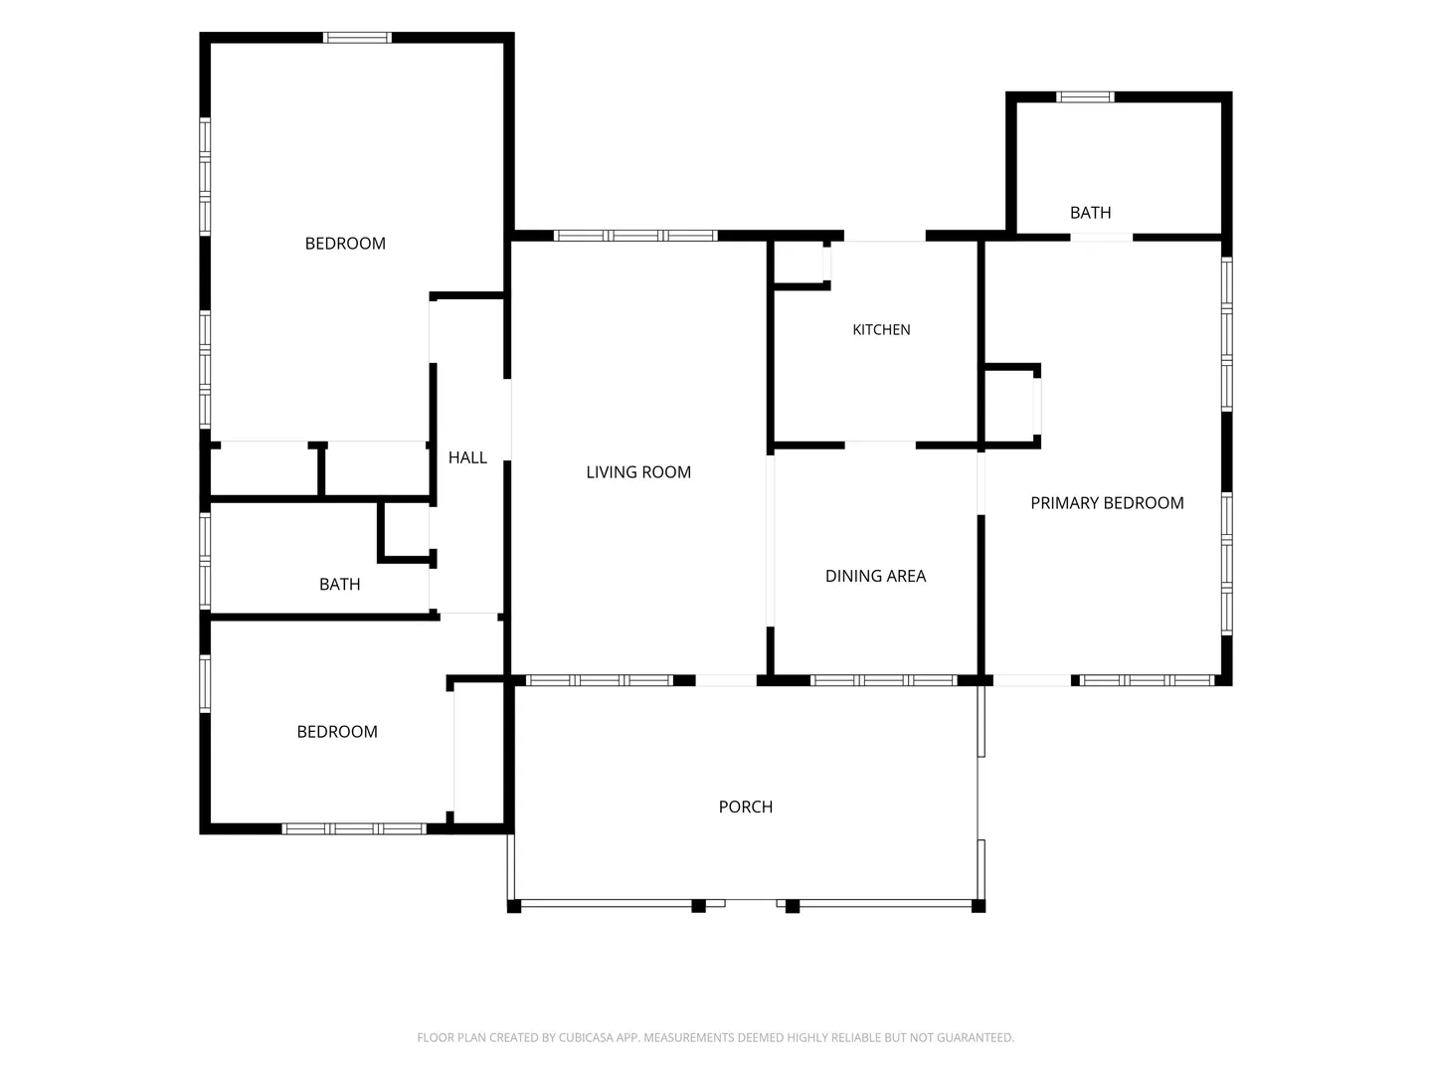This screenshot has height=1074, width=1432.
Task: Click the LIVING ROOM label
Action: (x=637, y=472)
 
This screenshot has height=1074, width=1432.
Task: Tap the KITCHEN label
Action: (x=881, y=330)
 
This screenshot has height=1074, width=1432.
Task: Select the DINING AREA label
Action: (x=875, y=576)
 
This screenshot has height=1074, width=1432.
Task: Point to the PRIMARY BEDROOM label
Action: (x=1107, y=503)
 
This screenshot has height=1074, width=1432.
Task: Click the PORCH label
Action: (x=745, y=806)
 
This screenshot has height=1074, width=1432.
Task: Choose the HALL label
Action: (x=467, y=457)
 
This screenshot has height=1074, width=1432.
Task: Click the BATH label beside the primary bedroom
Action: (x=1090, y=213)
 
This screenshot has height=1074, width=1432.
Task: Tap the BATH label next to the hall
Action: (x=339, y=585)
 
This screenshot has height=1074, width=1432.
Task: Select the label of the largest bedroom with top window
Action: (x=345, y=244)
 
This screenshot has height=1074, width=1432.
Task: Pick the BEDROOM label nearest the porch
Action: (x=337, y=732)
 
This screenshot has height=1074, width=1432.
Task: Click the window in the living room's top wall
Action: (x=634, y=236)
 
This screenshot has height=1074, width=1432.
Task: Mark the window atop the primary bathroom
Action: (x=1084, y=97)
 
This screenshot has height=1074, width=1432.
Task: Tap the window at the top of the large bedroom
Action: (x=357, y=38)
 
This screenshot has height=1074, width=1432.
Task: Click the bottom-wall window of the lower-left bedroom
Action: (x=354, y=828)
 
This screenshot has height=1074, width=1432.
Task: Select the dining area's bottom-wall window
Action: (x=883, y=681)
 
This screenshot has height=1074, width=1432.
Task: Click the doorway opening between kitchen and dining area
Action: (x=880, y=446)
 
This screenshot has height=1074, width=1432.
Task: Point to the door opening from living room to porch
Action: (x=726, y=681)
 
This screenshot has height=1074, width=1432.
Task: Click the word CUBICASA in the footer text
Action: (x=585, y=1037)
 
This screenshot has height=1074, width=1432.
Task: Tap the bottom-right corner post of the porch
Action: (x=978, y=906)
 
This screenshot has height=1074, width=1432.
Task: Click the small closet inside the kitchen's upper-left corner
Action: (x=799, y=263)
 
